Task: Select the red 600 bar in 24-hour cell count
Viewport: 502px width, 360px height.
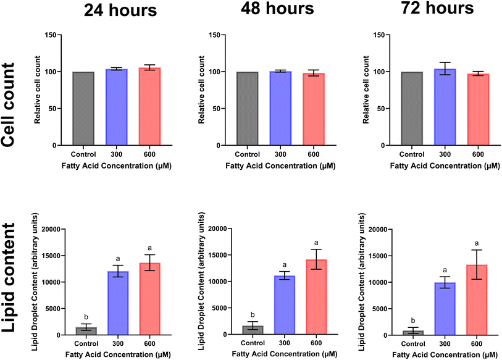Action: (x=149, y=107)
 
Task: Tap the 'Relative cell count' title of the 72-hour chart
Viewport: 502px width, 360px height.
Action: (x=367, y=90)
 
